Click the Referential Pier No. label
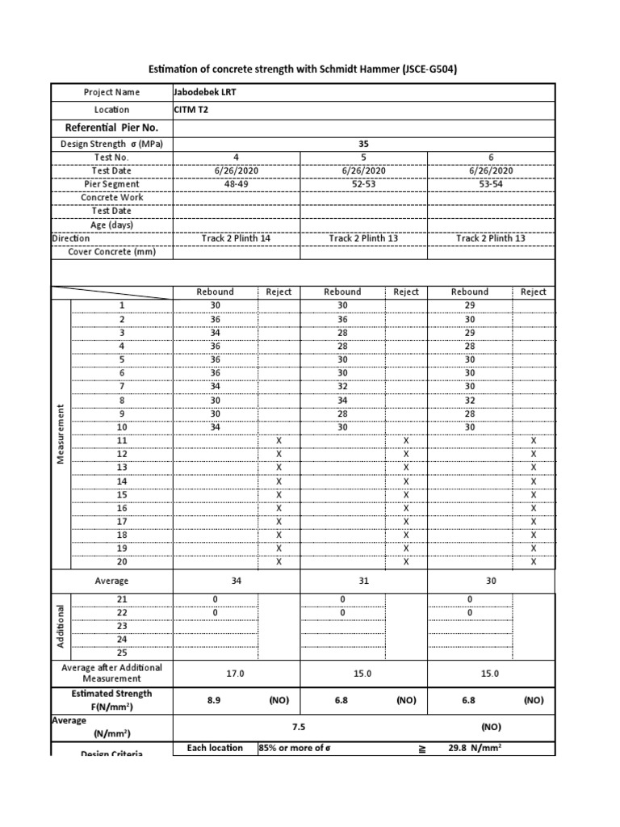(x=111, y=128)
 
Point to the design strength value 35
(x=363, y=144)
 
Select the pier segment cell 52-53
(x=363, y=183)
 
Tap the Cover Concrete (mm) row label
(x=111, y=252)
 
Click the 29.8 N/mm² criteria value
(x=475, y=749)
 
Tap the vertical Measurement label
(x=61, y=434)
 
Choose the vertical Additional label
(x=61, y=626)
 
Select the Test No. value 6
(x=490, y=157)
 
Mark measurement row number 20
(x=123, y=562)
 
